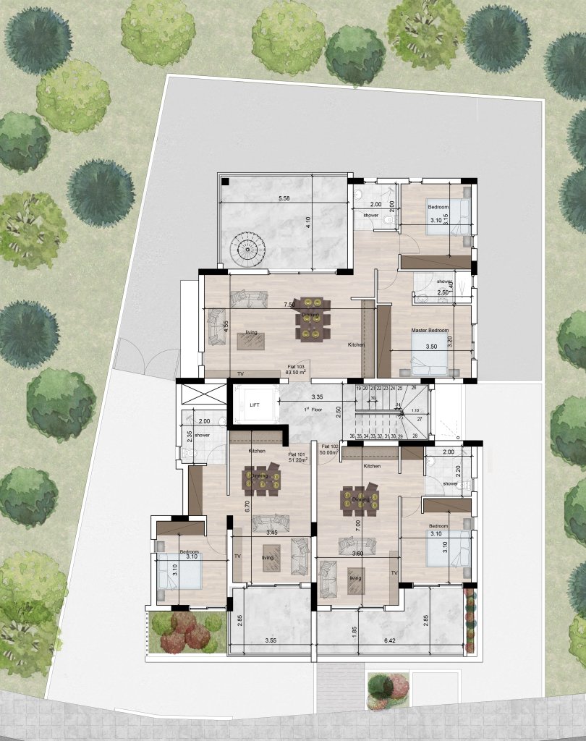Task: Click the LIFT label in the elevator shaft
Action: pyautogui.click(x=253, y=406)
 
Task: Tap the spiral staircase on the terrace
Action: pyautogui.click(x=246, y=250)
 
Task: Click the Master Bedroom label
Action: pyautogui.click(x=430, y=331)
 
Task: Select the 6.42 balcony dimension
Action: pyautogui.click(x=391, y=641)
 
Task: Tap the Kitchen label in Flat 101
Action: pyautogui.click(x=256, y=451)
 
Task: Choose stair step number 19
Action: pyautogui.click(x=359, y=389)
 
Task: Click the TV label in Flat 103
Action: pyautogui.click(x=240, y=374)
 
